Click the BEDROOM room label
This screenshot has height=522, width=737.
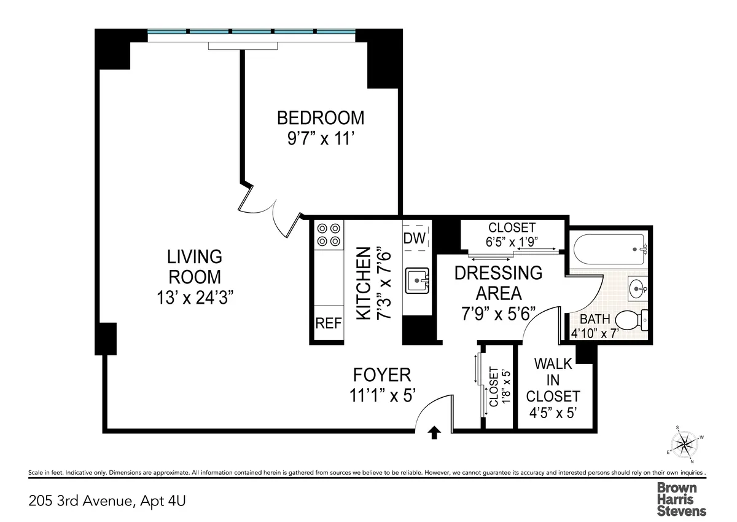320,117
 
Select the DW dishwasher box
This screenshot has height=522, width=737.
415,239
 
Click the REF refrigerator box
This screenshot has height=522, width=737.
329,323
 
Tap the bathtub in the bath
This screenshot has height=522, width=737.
610,249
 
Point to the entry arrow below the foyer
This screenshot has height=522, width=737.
434,433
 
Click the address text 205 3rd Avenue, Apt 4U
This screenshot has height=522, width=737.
107,500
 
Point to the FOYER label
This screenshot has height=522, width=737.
381,374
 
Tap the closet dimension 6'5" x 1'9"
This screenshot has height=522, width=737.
512,242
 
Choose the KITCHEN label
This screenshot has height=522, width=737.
364,283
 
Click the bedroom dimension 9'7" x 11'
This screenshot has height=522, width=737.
320,140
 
